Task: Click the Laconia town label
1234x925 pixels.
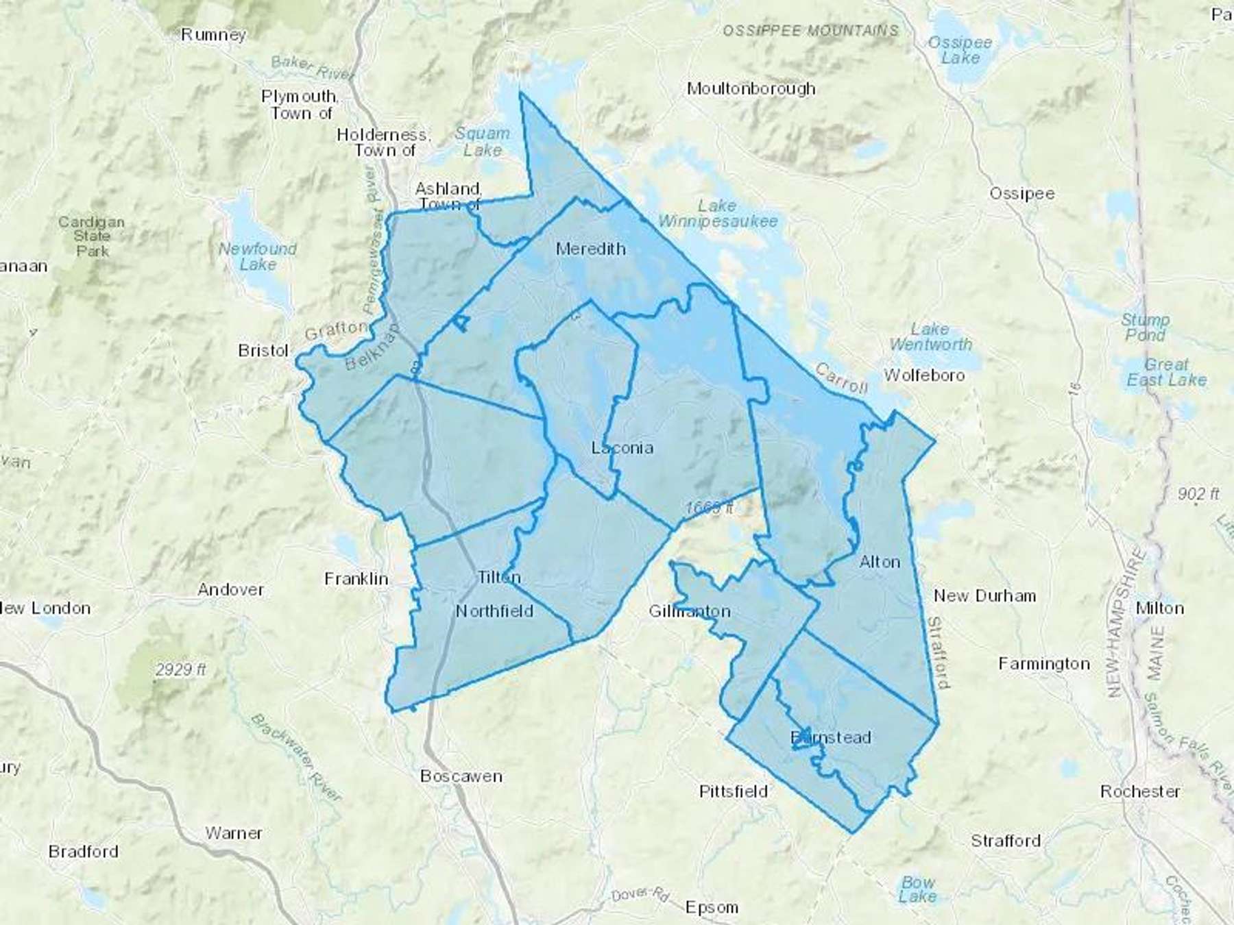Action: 622,448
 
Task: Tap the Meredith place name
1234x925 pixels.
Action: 590,249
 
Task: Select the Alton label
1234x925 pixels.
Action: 880,563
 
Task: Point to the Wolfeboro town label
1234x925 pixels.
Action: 924,375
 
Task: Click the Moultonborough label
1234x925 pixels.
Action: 751,89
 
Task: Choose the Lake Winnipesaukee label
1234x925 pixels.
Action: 718,213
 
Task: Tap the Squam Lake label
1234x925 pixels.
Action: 483,142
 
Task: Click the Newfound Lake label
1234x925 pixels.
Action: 258,256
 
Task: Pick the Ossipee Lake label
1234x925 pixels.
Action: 960,50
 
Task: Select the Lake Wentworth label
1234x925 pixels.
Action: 930,336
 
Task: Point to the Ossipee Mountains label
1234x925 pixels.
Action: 810,31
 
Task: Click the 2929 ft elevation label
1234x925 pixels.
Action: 180,669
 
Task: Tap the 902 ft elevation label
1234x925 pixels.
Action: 1198,493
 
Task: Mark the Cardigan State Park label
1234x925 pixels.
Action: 92,236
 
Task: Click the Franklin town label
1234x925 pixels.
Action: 356,580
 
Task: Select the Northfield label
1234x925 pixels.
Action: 494,611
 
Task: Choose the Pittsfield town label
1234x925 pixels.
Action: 733,792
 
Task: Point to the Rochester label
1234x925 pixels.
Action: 1140,792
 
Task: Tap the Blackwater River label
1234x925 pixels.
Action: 296,757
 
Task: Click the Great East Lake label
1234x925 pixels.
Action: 1166,372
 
